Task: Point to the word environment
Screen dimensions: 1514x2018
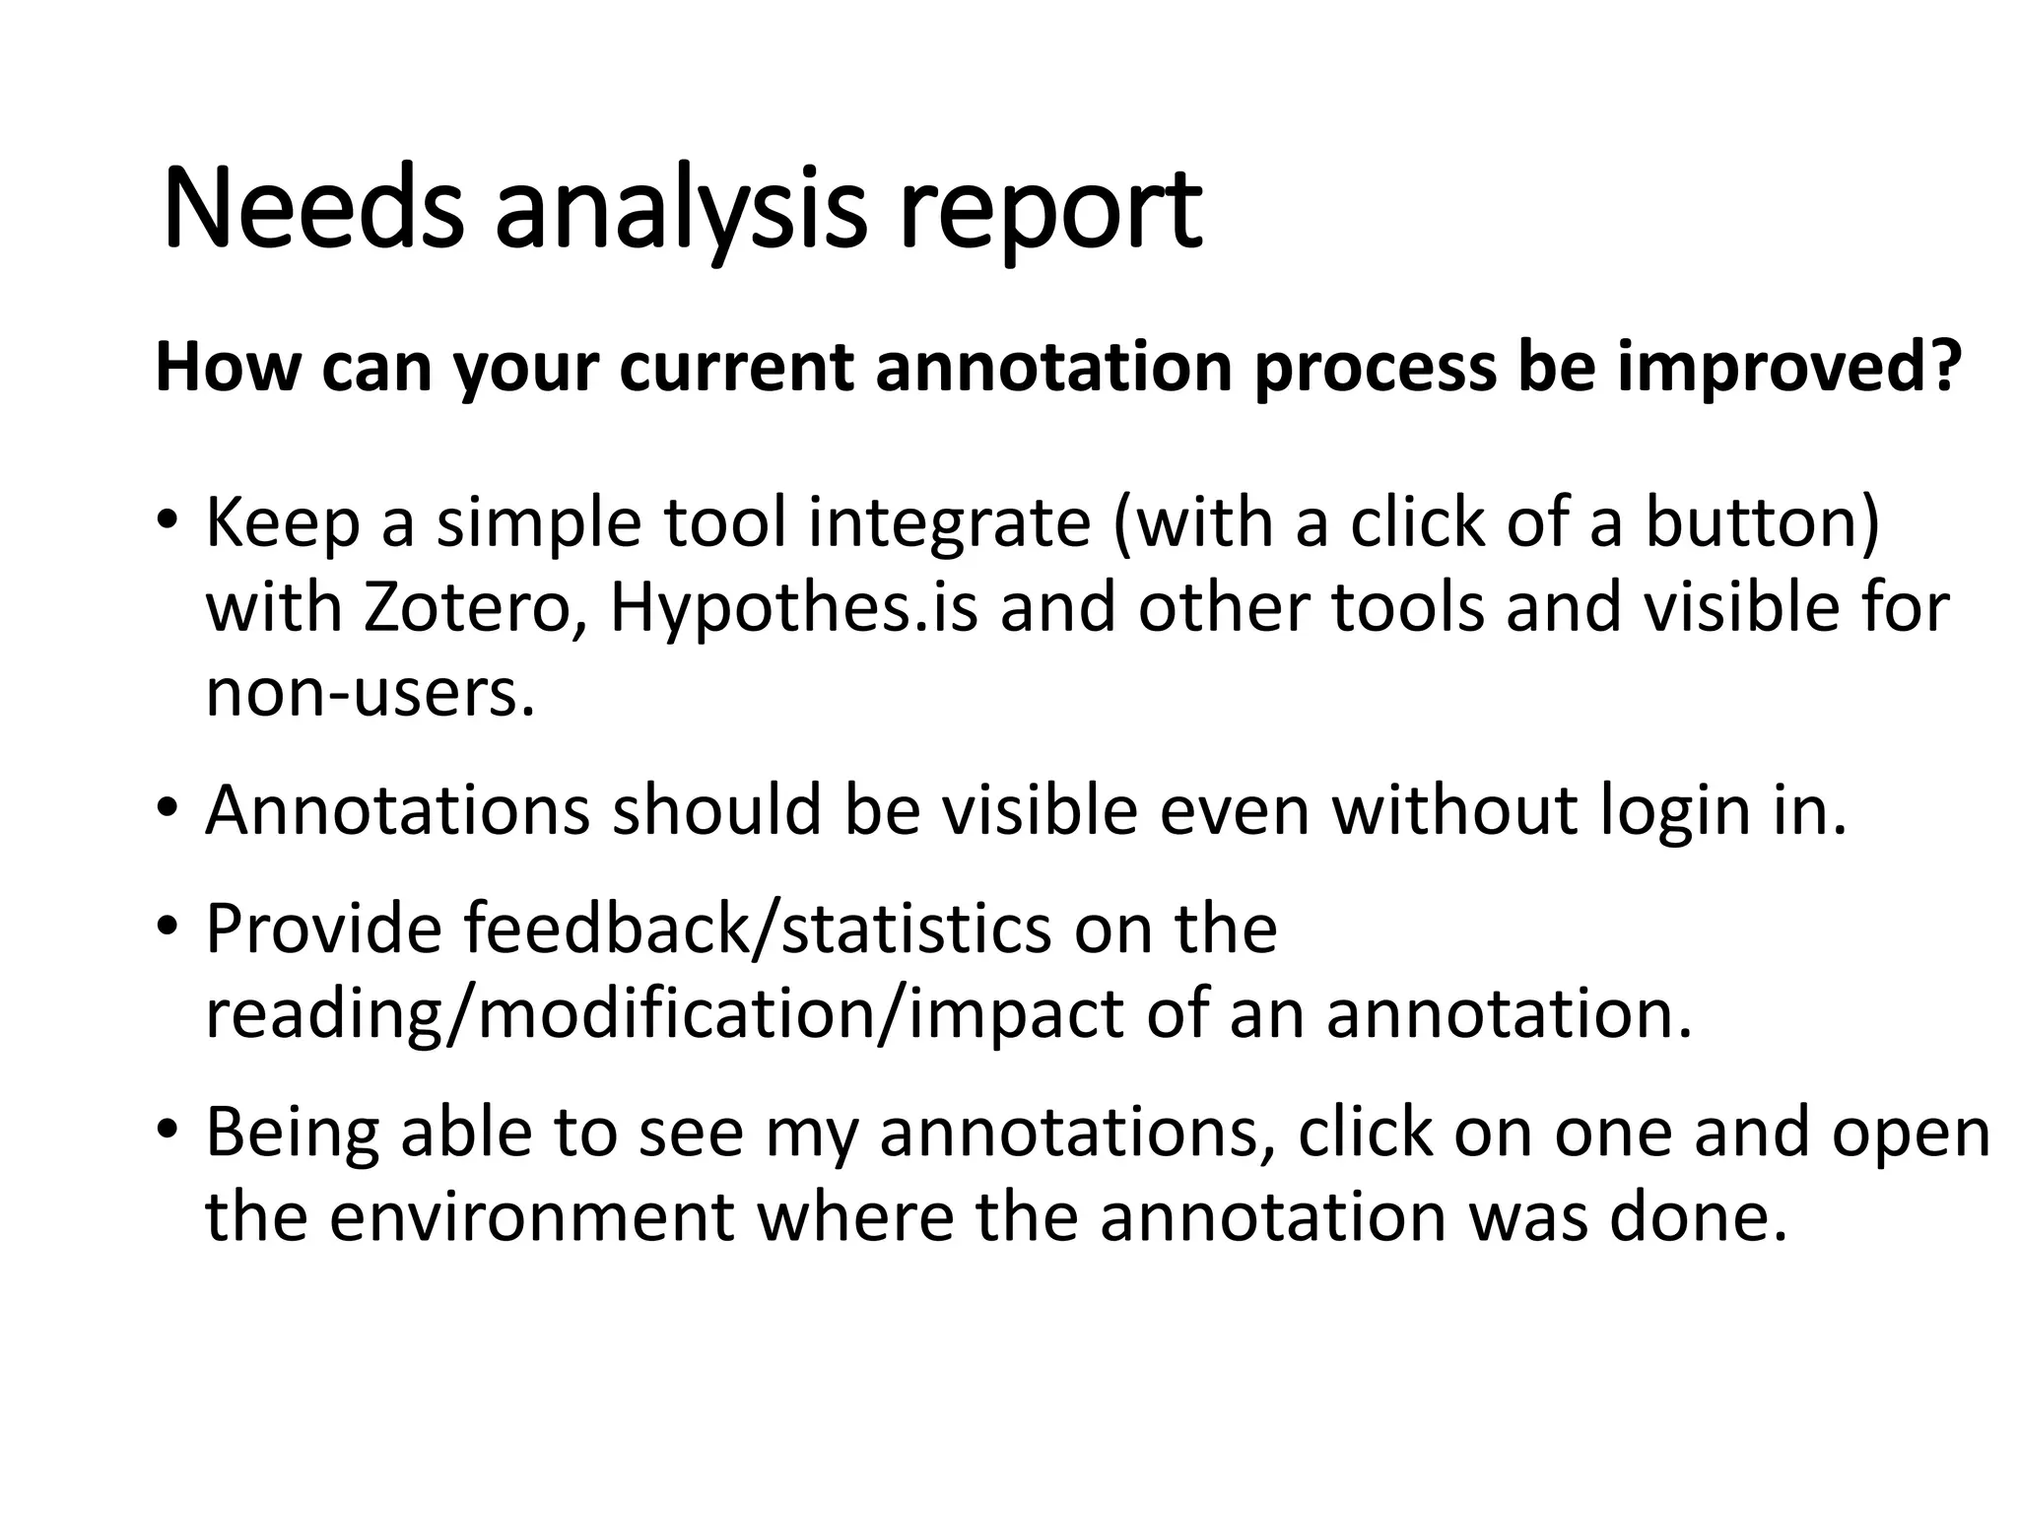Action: pyautogui.click(x=532, y=1217)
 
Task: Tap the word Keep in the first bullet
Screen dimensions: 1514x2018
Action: pyautogui.click(x=283, y=524)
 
